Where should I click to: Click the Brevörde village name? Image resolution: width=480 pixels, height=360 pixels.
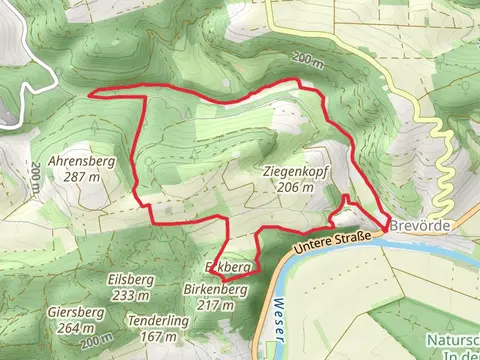[x=420, y=226]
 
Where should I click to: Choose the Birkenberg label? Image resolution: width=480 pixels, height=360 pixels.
[x=215, y=289]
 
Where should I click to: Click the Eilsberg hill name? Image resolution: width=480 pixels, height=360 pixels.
[x=131, y=281]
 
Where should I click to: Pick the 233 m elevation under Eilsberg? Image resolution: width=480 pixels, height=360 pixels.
[x=131, y=295]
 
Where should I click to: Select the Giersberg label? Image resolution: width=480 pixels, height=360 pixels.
[x=75, y=312]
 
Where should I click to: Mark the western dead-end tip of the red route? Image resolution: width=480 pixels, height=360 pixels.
[x=92, y=95]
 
